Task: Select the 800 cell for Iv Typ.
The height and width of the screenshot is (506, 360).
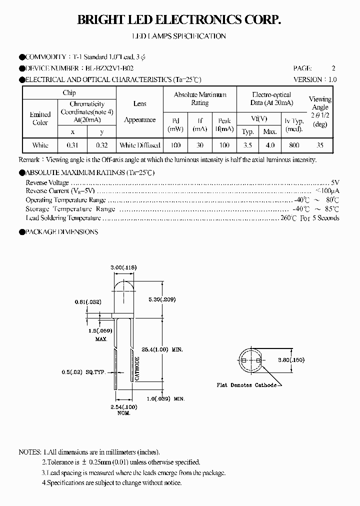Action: [x=294, y=145]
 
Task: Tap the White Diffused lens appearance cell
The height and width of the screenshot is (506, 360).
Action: [x=140, y=145]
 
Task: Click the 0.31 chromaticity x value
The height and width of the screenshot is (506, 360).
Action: [x=72, y=145]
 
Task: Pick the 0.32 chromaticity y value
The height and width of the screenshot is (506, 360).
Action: [x=101, y=145]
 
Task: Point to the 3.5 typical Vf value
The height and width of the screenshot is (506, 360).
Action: [x=247, y=145]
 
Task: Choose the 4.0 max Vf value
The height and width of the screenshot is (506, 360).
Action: [x=270, y=145]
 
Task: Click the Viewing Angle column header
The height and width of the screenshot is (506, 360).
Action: [x=320, y=111]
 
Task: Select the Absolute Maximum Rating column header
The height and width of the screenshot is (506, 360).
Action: [x=200, y=98]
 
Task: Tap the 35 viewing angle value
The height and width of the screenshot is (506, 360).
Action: [x=320, y=145]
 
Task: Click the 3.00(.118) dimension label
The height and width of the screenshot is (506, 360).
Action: [x=122, y=268]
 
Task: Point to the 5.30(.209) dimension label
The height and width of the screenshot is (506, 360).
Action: [x=162, y=299]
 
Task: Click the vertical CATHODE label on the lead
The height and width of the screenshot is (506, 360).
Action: [x=137, y=368]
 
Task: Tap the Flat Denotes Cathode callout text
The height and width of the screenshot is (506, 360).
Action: [x=246, y=385]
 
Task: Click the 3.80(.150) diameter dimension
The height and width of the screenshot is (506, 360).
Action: [x=291, y=359]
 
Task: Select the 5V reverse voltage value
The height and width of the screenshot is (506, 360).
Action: [x=335, y=183]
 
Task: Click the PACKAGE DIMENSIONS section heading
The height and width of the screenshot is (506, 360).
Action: [x=61, y=232]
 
